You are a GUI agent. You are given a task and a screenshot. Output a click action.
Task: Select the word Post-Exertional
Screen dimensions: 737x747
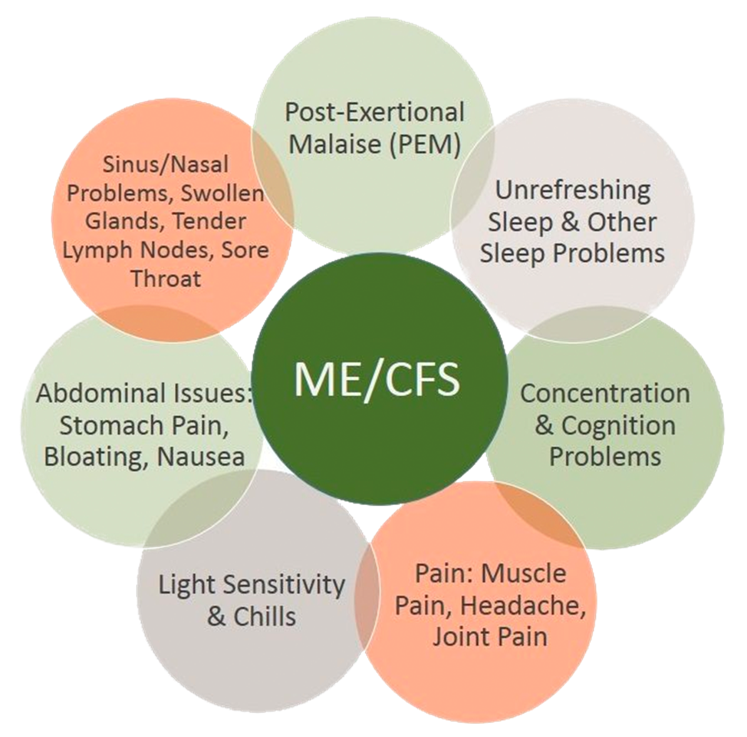click(x=374, y=112)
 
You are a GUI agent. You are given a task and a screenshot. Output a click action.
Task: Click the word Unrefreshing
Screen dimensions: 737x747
click(x=572, y=190)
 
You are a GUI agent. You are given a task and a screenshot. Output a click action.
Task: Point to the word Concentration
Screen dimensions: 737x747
click(x=605, y=393)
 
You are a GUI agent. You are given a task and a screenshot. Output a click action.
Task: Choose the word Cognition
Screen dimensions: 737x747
click(x=619, y=425)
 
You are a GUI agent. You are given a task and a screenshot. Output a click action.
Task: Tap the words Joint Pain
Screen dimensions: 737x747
click(x=490, y=636)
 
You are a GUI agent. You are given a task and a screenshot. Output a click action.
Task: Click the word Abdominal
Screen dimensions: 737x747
click(x=94, y=393)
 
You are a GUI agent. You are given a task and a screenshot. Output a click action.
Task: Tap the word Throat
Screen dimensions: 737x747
click(x=166, y=278)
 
